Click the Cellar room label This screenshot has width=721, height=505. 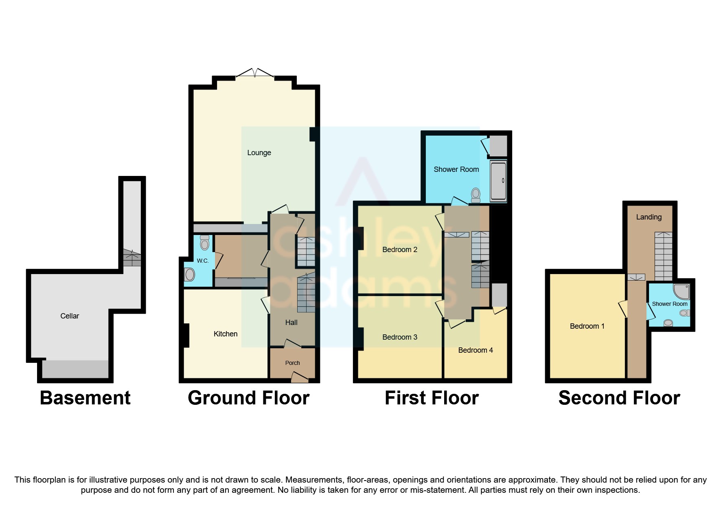click(70, 316)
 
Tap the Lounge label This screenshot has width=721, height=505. click(259, 153)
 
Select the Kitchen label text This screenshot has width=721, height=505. click(226, 334)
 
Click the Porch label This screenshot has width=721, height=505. click(292, 363)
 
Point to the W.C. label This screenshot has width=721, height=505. click(202, 261)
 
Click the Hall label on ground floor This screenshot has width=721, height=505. click(291, 323)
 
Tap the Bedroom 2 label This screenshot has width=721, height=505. click(399, 250)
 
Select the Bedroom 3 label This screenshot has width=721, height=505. click(399, 337)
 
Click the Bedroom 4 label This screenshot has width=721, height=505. click(475, 350)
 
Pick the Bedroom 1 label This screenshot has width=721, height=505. click(587, 326)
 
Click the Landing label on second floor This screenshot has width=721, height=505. click(649, 217)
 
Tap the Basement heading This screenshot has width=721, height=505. click(85, 398)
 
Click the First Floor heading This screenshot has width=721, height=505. click(432, 398)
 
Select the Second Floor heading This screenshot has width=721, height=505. click(619, 398)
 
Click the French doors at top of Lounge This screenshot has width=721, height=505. click(255, 74)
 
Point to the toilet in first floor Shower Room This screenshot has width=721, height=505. click(475, 195)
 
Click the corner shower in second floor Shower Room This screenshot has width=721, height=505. click(682, 291)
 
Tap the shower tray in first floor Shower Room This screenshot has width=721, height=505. click(498, 181)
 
